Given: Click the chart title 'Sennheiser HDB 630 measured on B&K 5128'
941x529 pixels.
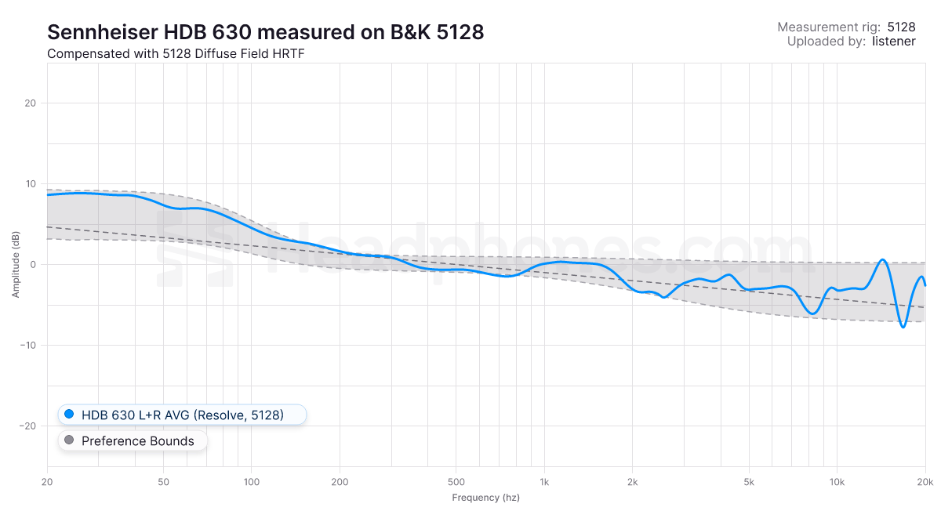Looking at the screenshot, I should point(265,32).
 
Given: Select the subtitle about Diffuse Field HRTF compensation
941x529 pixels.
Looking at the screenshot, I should point(175,54).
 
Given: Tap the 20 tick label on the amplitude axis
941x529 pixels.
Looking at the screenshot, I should point(31,103).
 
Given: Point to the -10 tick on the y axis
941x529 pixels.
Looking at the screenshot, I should point(28,346).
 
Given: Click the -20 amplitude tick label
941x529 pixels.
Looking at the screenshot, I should point(28,426).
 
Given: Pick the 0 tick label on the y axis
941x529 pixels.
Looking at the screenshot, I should point(34,265).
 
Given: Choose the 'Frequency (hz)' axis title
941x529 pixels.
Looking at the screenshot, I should point(485,498).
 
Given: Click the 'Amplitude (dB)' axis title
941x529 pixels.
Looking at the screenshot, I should point(16,265).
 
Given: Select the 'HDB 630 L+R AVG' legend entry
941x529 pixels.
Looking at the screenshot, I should point(182,415).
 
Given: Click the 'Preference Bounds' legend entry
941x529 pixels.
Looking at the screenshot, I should point(137,441).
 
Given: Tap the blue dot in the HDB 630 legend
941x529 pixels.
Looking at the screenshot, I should point(69,415).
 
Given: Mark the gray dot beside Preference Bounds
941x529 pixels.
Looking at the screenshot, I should point(69,441).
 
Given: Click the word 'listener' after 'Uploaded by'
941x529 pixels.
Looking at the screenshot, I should point(893,42).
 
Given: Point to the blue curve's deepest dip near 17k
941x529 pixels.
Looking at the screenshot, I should point(903,327).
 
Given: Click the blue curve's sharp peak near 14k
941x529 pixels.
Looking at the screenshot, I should point(883,259).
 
